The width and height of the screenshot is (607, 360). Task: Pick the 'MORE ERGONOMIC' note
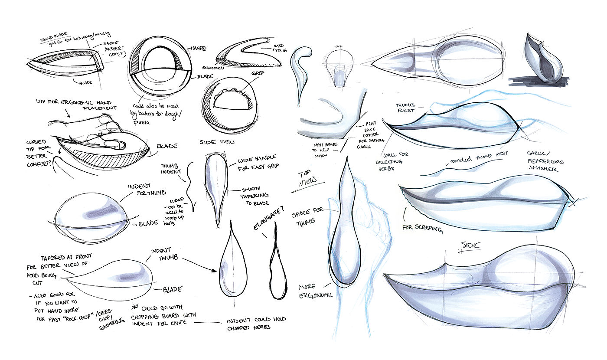tap(315, 291)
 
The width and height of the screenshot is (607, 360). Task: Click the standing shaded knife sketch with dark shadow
tap(542, 61)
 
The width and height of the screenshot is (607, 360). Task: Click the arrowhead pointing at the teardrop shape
tap(214, 271)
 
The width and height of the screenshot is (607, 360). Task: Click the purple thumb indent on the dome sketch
tap(101, 210)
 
